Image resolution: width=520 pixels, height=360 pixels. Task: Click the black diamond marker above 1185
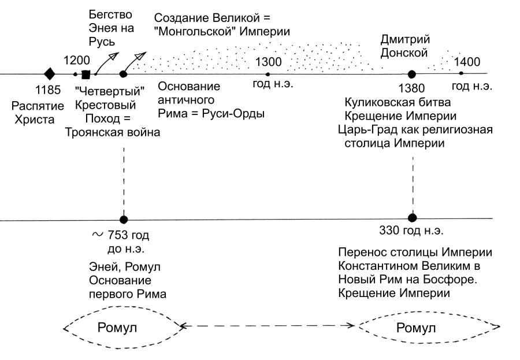50,74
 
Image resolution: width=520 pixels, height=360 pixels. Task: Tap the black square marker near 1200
86,75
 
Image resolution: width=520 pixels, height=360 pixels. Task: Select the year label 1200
76,60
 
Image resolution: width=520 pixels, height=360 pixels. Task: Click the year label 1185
49,90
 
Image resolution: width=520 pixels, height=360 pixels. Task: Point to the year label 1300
267,61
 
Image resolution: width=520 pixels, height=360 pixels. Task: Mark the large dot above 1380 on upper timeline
412,74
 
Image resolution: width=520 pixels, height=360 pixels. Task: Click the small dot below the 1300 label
268,74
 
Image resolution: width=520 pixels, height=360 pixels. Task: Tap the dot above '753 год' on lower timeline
123,219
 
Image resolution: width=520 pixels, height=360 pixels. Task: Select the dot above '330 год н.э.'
412,218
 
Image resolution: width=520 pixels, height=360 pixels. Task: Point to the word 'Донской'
404,53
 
